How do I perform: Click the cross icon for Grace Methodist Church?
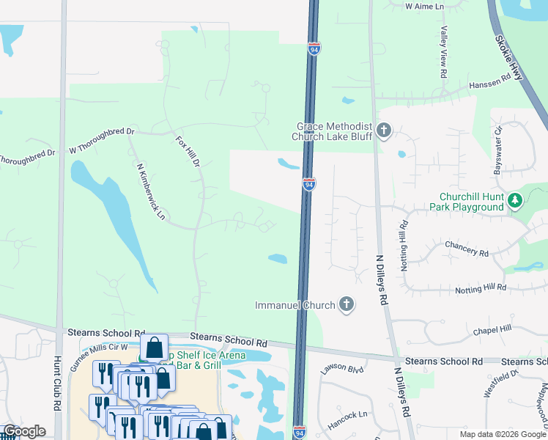pos(383,131)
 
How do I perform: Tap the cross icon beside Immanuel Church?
pos(347,304)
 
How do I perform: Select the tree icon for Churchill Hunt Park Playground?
pos(515,200)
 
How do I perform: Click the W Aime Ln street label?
pos(425,6)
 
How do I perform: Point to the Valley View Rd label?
pos(443,53)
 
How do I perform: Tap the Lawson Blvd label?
pos(342,368)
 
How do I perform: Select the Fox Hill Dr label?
pos(188,151)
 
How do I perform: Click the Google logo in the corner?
pos(24,431)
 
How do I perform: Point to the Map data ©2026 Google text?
pos(503,433)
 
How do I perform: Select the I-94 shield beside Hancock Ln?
pos(299,432)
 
